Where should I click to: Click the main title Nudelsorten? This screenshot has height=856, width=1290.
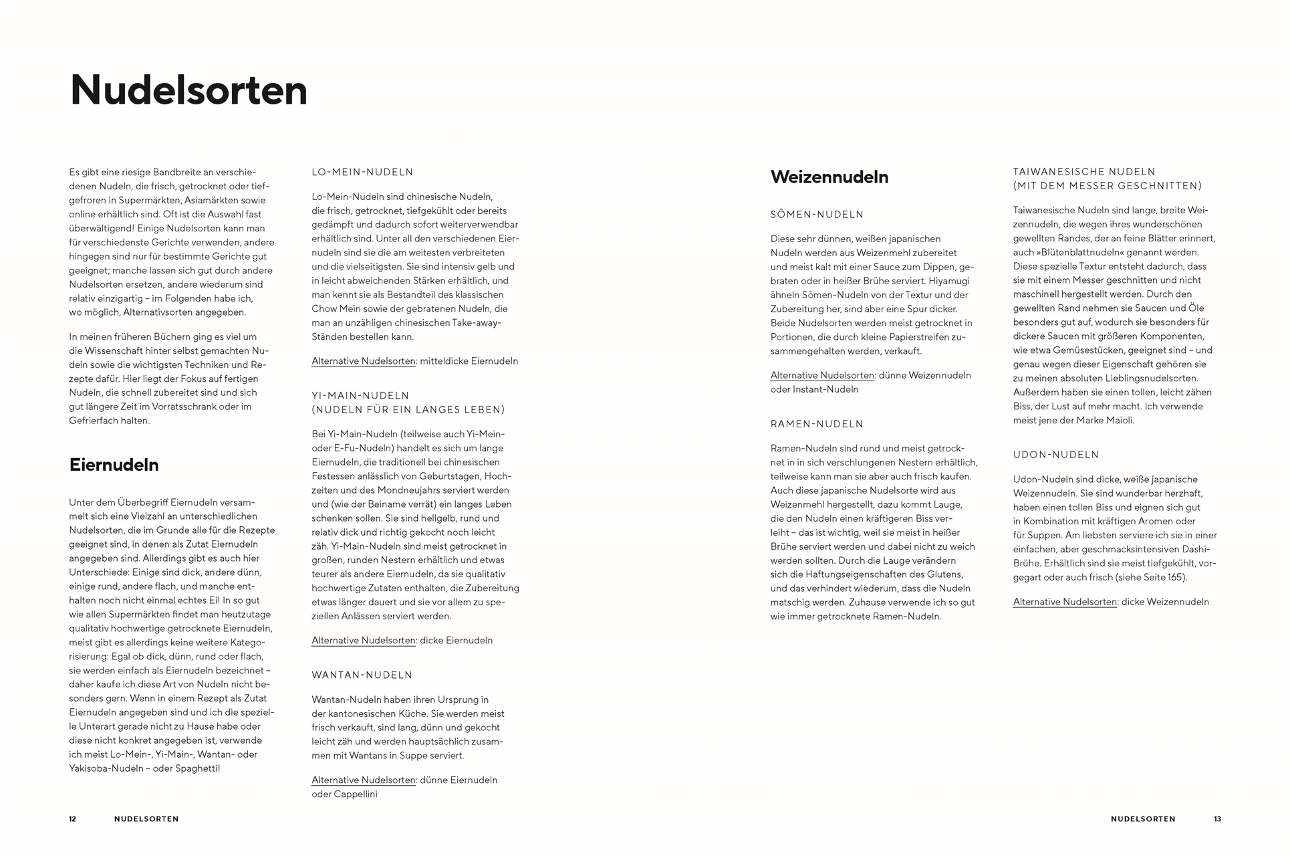pos(188,90)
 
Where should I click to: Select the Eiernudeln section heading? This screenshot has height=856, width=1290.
pos(114,465)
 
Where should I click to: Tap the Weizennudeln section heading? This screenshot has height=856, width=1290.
pos(829,177)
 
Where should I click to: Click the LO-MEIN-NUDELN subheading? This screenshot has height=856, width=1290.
pos(362,172)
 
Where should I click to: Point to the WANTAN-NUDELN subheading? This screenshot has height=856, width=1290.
pos(362,675)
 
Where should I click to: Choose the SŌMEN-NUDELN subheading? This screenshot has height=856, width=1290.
pos(817,215)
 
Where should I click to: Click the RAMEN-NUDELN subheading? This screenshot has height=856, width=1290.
pos(817,424)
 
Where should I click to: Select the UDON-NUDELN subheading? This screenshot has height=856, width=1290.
pos(1055,455)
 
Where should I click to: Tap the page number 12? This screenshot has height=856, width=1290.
pos(73,819)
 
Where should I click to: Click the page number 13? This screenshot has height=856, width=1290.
pos(1217,819)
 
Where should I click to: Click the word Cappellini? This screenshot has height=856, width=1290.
pos(356,794)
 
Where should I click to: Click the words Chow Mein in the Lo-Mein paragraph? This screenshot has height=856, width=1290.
pos(332,309)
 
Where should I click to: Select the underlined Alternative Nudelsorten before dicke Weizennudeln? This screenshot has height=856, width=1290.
pos(1065,602)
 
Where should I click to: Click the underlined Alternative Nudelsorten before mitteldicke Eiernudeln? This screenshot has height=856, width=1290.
pos(364,361)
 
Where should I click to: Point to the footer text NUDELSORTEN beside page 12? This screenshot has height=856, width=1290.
pos(146,819)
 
